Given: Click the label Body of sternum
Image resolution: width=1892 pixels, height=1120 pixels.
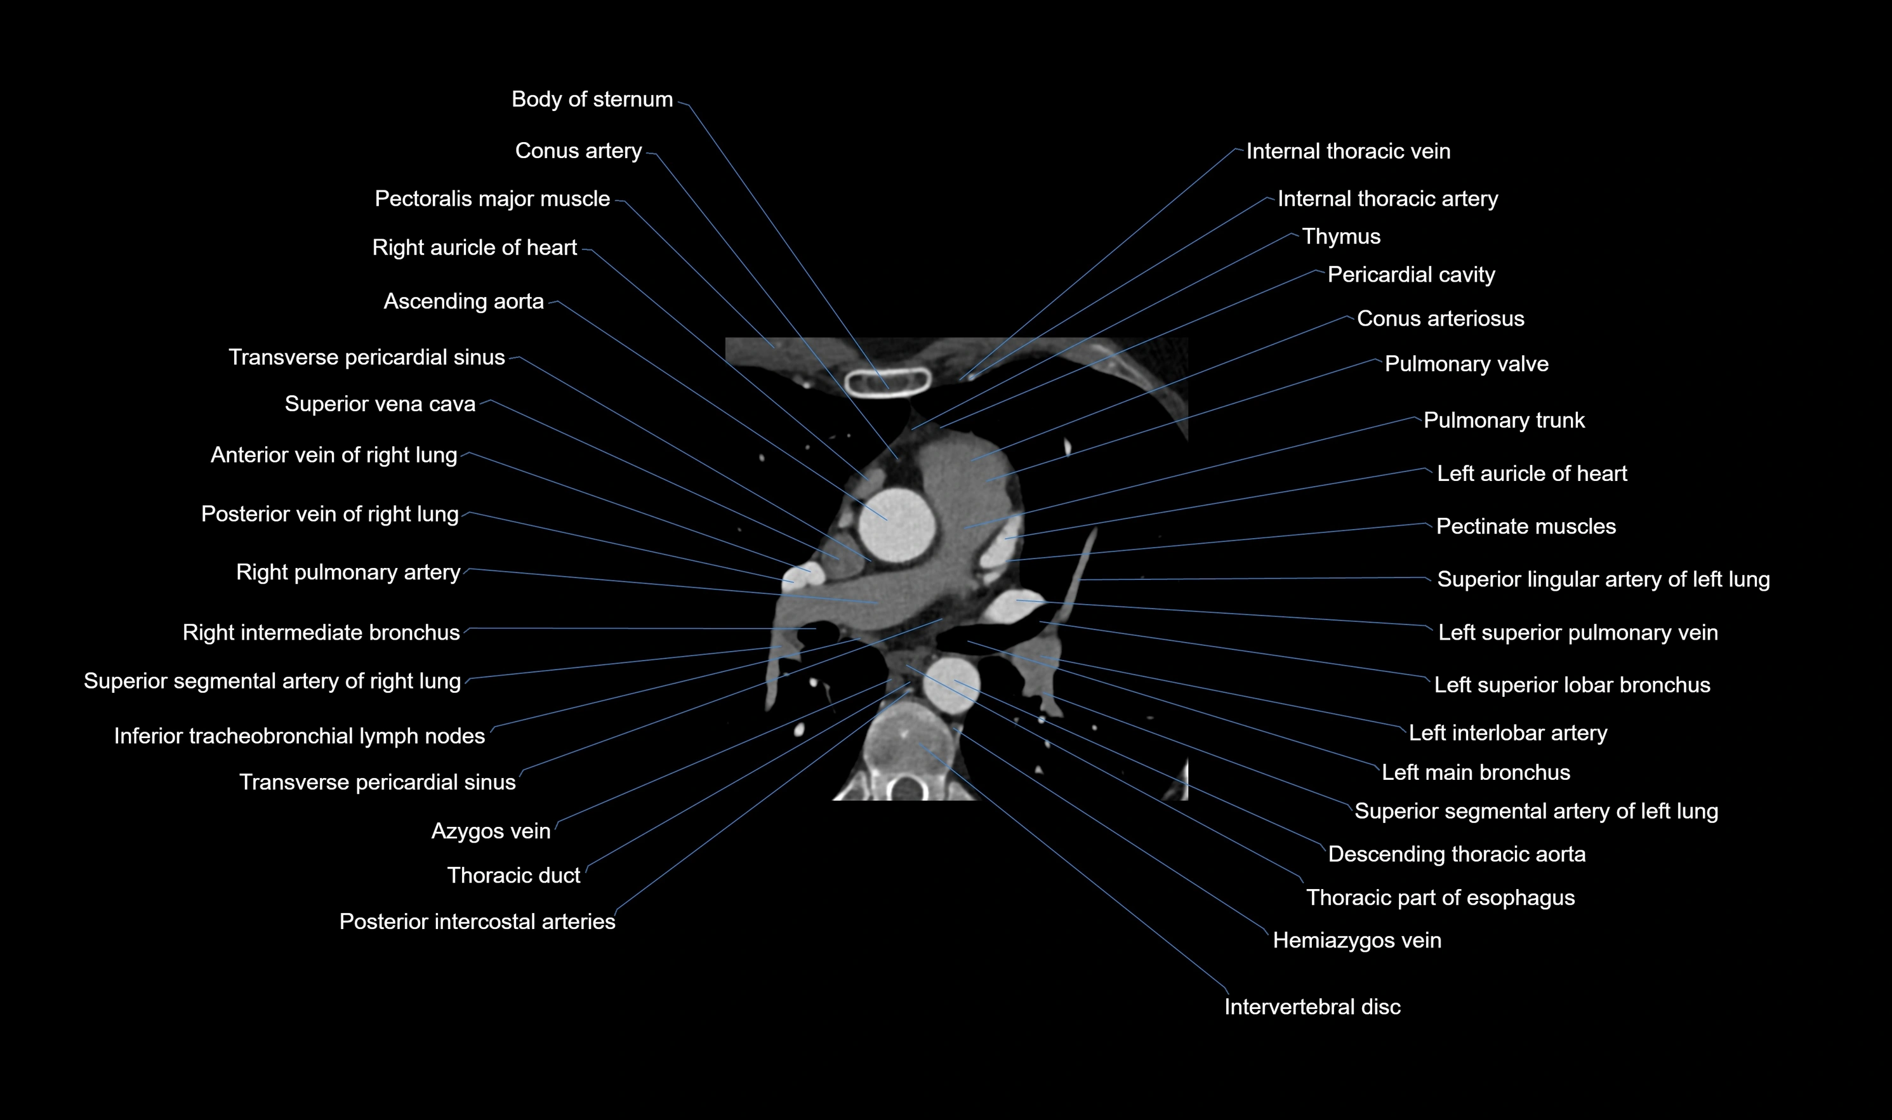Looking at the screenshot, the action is [592, 99].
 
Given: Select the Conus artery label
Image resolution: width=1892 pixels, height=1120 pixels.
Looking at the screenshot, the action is [578, 151].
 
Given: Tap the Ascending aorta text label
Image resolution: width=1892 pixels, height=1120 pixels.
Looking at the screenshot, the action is [463, 301].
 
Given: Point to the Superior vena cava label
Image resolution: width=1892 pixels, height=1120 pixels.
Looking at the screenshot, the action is [380, 404].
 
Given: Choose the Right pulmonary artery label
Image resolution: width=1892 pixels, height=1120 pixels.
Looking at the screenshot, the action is [348, 572].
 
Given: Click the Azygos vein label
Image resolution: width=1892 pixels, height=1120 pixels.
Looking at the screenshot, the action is [491, 831].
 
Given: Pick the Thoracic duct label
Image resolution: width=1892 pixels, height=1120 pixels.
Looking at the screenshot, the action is [513, 876].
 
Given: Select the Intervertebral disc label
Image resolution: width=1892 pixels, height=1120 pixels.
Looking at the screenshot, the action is [1312, 1007].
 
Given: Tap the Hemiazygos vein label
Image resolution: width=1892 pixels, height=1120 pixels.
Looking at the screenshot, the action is [1357, 940].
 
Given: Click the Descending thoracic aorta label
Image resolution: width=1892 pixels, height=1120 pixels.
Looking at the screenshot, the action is [1457, 854].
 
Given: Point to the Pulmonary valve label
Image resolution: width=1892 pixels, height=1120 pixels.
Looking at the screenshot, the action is [1466, 364].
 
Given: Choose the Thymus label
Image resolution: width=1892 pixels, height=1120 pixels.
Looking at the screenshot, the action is [1341, 237].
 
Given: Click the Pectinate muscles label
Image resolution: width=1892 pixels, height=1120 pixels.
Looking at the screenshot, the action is [1526, 526].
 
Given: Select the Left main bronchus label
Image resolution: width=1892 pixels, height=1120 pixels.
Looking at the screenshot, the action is [1476, 772].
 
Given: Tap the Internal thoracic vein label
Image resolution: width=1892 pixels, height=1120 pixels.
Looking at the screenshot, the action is [1348, 151].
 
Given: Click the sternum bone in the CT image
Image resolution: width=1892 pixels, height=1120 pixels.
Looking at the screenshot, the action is [887, 382].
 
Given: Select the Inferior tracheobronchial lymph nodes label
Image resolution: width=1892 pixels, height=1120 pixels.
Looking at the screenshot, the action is [300, 736].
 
